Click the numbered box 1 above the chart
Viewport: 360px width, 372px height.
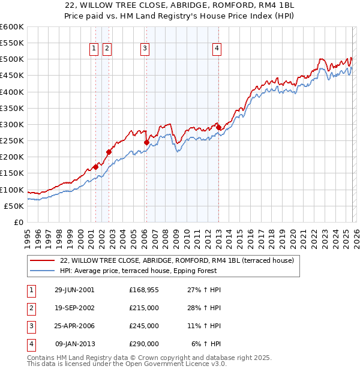[x=95, y=49]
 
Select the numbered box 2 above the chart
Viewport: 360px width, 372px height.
[x=107, y=49]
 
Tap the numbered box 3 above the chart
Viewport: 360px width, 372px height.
[x=145, y=49]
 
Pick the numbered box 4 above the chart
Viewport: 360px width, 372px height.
[x=217, y=49]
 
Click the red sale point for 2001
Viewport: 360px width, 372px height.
[x=96, y=167]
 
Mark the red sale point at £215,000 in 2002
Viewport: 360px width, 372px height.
[x=109, y=152]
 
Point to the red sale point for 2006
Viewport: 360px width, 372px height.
[x=147, y=142]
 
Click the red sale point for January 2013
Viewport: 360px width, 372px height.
[x=218, y=128]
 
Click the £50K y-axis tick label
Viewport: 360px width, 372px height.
[x=13, y=206]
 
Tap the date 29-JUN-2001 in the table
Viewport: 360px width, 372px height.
[x=74, y=290]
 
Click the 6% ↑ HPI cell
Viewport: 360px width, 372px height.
[x=206, y=344]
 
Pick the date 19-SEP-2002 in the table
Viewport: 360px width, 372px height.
[x=74, y=308]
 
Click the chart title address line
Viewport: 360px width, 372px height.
[x=180, y=5]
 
